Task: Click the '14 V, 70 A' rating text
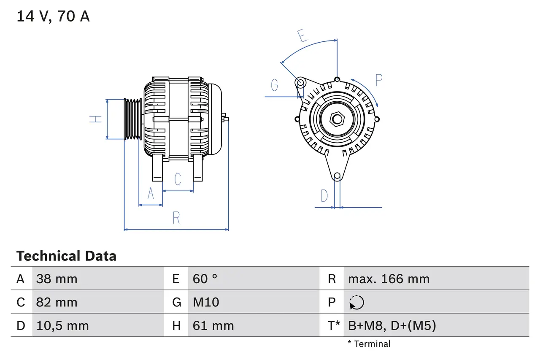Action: (53, 17)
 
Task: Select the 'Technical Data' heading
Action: (66, 256)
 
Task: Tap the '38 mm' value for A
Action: (57, 279)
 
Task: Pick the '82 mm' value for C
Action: (57, 302)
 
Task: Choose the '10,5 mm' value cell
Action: (62, 326)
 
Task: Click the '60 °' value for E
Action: (205, 279)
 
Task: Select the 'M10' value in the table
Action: (206, 302)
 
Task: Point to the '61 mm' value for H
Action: (213, 326)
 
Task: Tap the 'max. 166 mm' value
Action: (389, 279)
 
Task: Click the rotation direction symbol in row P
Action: (356, 303)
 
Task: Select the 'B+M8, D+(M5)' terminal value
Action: (392, 326)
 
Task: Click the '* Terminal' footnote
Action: (369, 344)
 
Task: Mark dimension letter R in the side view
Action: (176, 218)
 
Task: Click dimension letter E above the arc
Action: (302, 36)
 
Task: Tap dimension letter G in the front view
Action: (275, 86)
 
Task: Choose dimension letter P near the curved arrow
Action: (378, 80)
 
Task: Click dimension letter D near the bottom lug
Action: (324, 196)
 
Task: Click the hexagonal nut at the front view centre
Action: (337, 119)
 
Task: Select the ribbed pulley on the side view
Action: (133, 119)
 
